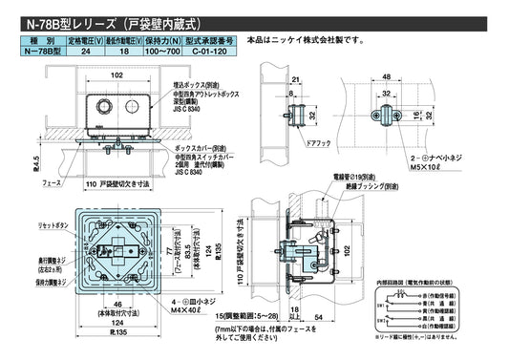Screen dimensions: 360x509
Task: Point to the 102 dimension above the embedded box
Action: point(117,74)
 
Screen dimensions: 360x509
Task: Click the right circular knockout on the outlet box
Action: point(135,106)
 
